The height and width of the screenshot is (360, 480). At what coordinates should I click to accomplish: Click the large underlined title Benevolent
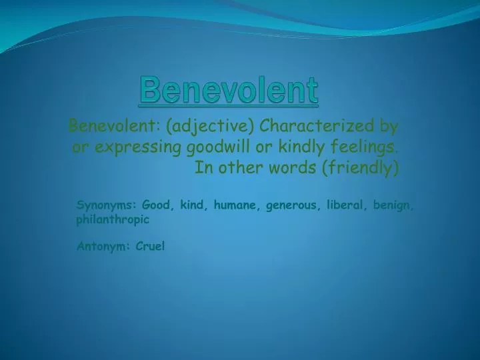[229, 90]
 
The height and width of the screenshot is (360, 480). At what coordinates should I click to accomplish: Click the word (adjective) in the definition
[210, 126]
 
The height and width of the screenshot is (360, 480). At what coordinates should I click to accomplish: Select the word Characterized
[317, 125]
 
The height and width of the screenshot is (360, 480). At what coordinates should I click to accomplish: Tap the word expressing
[138, 147]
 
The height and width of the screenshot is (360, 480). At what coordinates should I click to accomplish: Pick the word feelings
[363, 147]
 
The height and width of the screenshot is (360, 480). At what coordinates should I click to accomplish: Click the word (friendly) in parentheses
[361, 168]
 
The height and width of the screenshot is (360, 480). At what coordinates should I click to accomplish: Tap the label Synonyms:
[106, 205]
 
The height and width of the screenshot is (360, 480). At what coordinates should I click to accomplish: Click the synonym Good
[156, 205]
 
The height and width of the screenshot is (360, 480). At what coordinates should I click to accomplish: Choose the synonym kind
[192, 205]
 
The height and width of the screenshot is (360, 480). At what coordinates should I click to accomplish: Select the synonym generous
[292, 205]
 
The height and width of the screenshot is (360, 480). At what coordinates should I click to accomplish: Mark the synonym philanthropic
[113, 219]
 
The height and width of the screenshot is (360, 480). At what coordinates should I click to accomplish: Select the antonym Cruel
[150, 246]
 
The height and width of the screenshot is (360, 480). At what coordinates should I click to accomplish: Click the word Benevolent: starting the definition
[114, 125]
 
